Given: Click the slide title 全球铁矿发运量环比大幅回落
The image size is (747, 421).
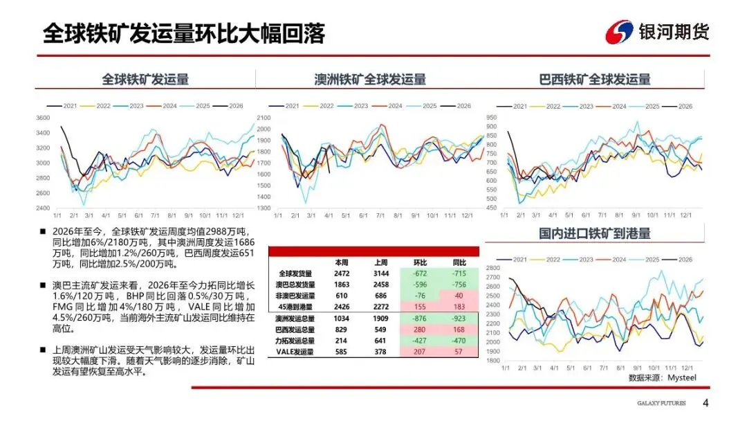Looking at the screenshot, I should tap(183, 33).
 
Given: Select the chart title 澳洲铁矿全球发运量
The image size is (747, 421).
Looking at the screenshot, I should tap(370, 80).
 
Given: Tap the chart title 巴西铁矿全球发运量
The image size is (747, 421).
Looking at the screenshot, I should tap(595, 80).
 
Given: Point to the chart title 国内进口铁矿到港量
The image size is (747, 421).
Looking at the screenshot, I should tap(595, 234).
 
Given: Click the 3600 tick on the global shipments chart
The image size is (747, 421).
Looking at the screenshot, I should tap(43, 118).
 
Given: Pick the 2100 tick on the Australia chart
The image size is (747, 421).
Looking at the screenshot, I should tap(264, 118).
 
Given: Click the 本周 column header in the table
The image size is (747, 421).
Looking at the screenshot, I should tap(342, 263).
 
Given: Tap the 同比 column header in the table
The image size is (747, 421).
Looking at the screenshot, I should tap(459, 263).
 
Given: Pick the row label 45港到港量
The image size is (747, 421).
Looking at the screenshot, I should tap(296, 306).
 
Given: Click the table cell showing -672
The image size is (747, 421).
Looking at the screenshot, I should tap(420, 274).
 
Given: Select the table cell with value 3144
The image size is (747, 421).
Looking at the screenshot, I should tap(380, 274).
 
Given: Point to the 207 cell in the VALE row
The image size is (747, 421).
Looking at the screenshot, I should tap(420, 352).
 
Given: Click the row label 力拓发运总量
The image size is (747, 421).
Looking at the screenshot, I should tap(296, 341).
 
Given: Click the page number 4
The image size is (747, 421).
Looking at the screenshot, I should tap(705, 404).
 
